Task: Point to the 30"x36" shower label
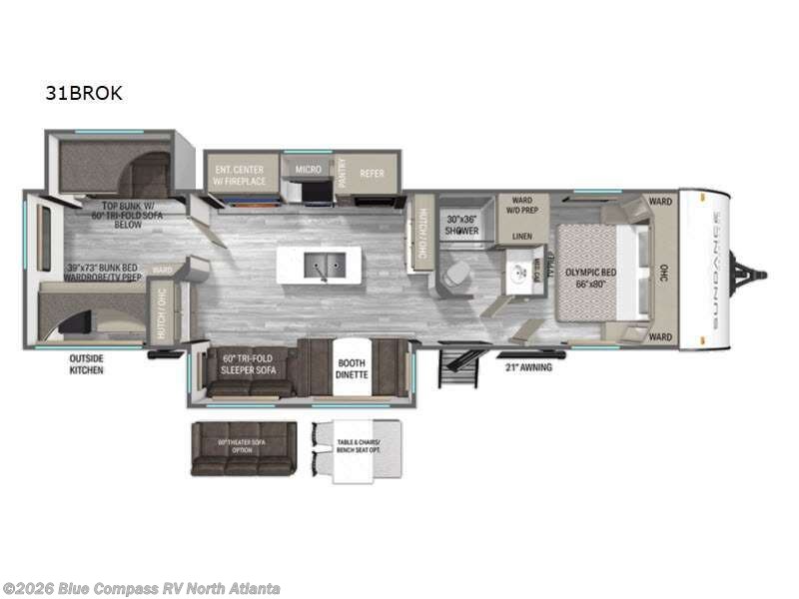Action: (x=462, y=225)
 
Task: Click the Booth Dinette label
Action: (x=351, y=369)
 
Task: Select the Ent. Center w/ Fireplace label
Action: (x=239, y=176)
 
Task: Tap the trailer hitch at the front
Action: (x=749, y=272)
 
